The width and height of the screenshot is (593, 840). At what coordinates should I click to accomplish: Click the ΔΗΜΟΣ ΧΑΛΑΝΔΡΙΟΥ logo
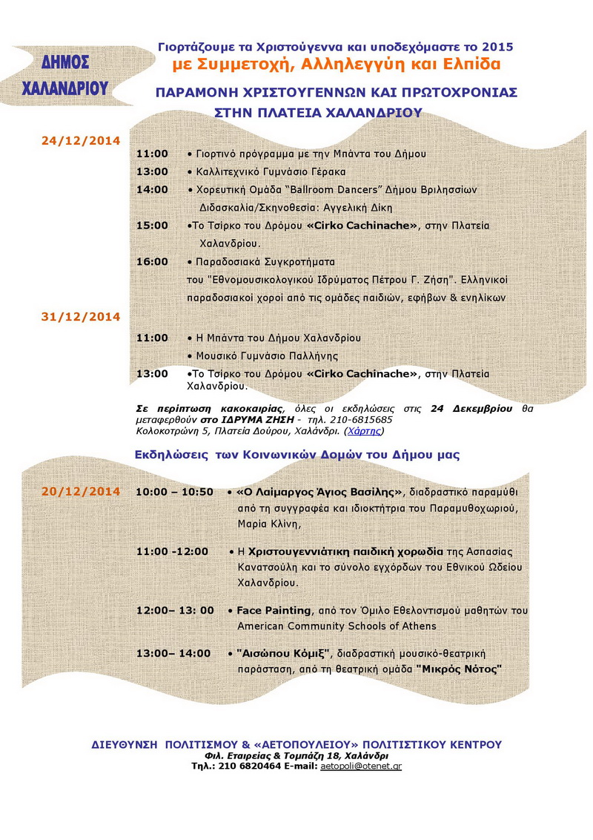(65, 75)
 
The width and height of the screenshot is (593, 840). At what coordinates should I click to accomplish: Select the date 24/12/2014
(80, 140)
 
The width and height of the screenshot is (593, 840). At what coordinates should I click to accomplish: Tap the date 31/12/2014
(80, 316)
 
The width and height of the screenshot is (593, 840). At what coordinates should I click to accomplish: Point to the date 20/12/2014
(80, 491)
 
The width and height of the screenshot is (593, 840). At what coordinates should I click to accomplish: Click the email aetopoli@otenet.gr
(361, 765)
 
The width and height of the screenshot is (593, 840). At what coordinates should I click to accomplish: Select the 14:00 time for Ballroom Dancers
(152, 189)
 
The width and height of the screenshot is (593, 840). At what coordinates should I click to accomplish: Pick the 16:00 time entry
(152, 261)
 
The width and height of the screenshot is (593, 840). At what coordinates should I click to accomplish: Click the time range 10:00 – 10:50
(175, 491)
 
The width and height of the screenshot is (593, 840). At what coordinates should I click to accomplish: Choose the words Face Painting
(274, 610)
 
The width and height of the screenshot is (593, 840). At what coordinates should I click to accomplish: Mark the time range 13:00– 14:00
(173, 653)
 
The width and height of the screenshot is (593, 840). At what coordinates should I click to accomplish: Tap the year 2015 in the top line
(498, 46)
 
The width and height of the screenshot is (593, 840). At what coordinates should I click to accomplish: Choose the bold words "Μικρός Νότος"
(460, 669)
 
